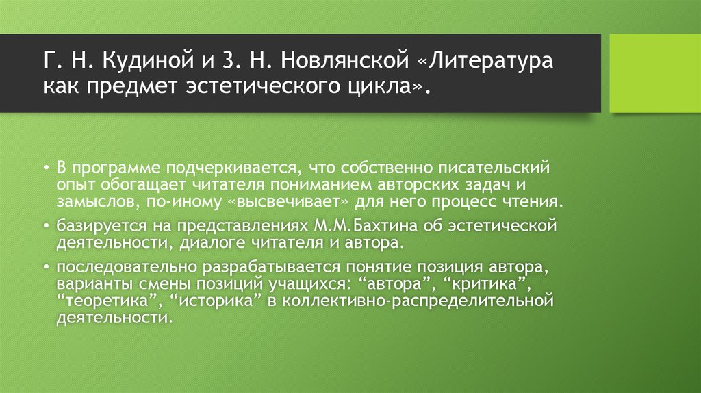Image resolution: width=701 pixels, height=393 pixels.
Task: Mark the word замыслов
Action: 92,203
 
